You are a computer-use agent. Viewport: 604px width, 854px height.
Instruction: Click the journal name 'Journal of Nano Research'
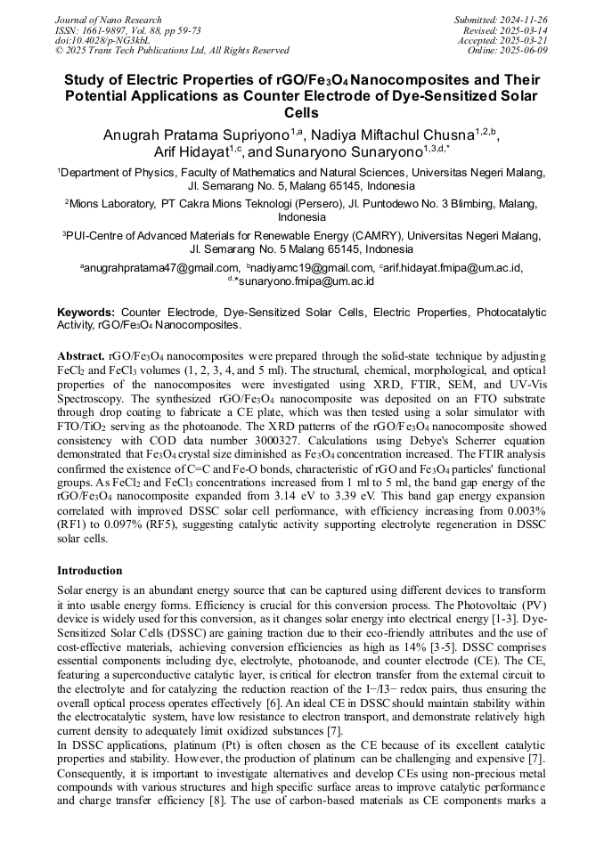[x=108, y=20]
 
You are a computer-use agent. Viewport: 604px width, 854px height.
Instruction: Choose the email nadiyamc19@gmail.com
[x=313, y=267]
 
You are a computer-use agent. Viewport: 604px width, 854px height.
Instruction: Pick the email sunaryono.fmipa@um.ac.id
[x=304, y=281]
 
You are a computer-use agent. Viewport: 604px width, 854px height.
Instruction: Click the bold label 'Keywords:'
[x=86, y=313]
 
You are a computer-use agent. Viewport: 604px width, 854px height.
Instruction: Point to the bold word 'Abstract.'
[x=81, y=356]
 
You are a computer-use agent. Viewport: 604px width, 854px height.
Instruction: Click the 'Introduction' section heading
[x=90, y=571]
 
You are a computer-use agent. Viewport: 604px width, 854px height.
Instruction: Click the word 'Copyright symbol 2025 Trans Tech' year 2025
[x=76, y=50]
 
